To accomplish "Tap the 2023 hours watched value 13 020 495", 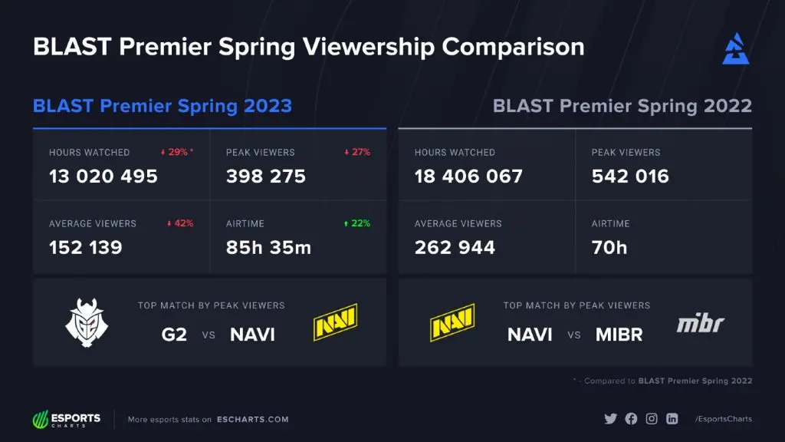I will pos(103,176).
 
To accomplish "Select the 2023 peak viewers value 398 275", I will pos(265,176).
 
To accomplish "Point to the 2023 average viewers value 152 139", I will pos(86,248).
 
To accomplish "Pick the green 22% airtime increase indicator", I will pos(357,223).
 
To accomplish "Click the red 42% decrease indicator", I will pos(180,223).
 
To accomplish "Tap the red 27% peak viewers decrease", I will pos(357,152).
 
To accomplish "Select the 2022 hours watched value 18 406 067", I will pos(468,176).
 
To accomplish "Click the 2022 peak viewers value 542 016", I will pos(630,176).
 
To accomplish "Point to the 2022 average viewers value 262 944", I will pos(455,248).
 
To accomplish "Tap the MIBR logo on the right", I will pos(700,323).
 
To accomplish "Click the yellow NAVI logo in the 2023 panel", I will pos(336,322).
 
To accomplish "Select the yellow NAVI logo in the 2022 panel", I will pos(452,322).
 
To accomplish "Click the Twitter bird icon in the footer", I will pos(610,419).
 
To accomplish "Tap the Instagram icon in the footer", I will pos(652,419).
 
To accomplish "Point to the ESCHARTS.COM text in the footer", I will pos(252,420).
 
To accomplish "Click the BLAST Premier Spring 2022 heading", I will pos(622,106).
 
